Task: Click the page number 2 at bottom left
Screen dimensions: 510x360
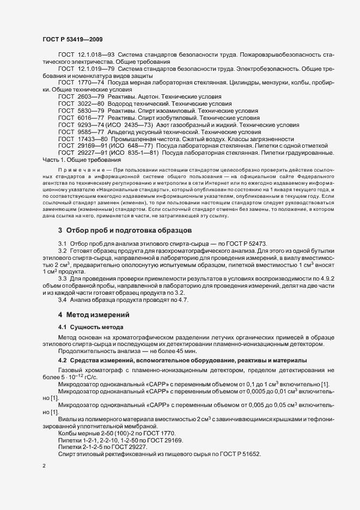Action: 44,466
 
